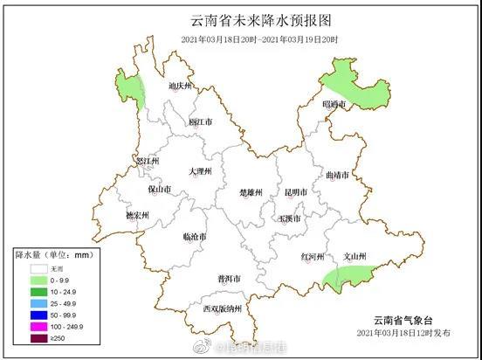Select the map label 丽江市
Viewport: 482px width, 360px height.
point(201,122)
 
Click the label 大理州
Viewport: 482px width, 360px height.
point(200,172)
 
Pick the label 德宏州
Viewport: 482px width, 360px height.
point(136,215)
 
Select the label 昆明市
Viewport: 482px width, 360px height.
point(296,191)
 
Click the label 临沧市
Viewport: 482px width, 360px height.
point(195,237)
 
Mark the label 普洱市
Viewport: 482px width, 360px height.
point(229,279)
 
